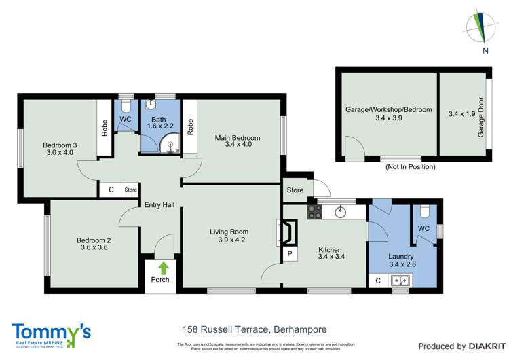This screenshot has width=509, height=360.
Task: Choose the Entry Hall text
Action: click(160, 204)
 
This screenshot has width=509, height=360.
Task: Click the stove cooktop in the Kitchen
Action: click(314, 212)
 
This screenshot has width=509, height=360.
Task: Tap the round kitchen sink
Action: click(341, 212)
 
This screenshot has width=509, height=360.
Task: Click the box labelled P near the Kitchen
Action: click(290, 254)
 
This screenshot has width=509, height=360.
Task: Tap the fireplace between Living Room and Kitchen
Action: click(288, 232)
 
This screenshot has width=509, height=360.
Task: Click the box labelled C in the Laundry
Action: click(377, 280)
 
